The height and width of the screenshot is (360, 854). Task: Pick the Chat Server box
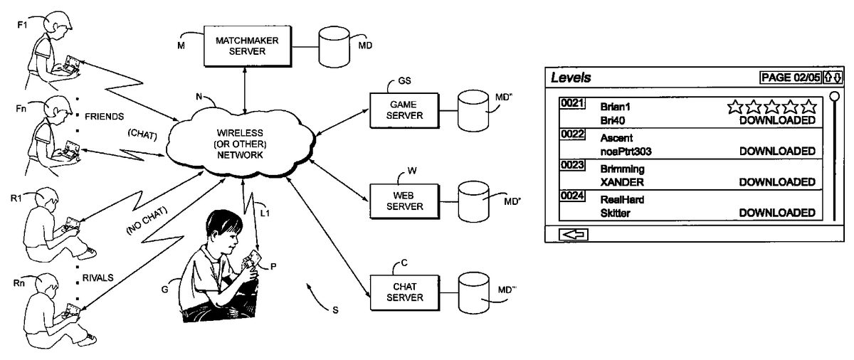point(402,290)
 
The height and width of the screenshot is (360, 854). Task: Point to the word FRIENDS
point(105,115)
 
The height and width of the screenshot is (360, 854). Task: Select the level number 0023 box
point(572,165)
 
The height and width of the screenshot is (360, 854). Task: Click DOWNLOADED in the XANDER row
point(777,182)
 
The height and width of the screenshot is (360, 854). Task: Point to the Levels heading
point(571,77)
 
